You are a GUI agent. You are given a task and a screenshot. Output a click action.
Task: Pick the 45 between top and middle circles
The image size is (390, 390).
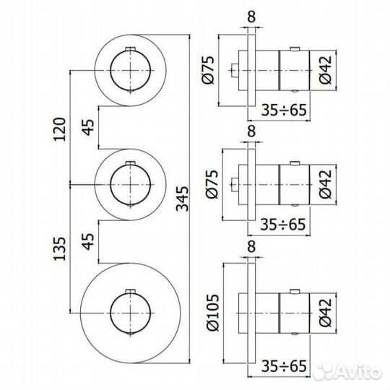[87, 128]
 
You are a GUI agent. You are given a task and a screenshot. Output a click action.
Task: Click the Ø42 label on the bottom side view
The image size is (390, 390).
[324, 308]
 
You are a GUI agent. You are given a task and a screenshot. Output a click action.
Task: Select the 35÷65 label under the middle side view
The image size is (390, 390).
[282, 225]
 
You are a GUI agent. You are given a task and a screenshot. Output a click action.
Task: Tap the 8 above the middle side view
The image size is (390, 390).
[251, 131]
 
